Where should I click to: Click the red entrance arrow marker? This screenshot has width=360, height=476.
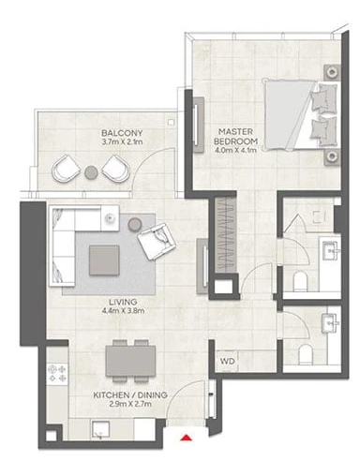tap(186, 438)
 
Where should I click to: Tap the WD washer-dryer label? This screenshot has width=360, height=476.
tap(228, 362)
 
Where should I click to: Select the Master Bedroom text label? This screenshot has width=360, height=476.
tap(235, 137)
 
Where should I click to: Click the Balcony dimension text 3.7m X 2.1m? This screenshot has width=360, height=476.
tap(122, 142)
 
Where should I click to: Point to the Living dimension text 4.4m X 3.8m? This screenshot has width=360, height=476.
tap(123, 311)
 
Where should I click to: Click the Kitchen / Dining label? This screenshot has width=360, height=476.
tap(130, 394)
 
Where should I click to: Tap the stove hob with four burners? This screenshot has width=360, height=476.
tap(57, 374)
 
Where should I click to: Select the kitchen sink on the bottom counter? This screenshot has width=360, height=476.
tap(100, 430)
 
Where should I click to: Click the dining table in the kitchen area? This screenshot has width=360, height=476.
tap(130, 361)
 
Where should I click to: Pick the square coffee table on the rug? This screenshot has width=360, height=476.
tap(104, 260)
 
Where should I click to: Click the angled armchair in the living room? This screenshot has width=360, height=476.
tap(156, 241)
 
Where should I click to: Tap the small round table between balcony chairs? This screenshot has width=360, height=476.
tap(91, 171)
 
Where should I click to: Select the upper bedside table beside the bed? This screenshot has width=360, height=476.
tap(332, 72)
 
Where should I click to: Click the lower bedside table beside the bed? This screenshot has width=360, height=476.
tap(332, 157)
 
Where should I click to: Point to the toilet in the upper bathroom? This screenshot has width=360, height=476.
tap(301, 280)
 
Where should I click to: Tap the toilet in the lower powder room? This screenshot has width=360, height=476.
tap(305, 354)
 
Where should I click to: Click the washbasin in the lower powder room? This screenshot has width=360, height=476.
tap(330, 323)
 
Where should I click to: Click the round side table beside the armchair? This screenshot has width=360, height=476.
tap(135, 224)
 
